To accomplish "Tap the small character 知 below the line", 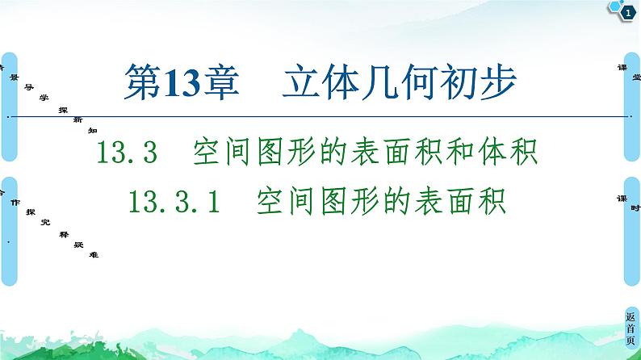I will point(93,128).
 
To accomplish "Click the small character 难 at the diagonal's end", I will point(96,254).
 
